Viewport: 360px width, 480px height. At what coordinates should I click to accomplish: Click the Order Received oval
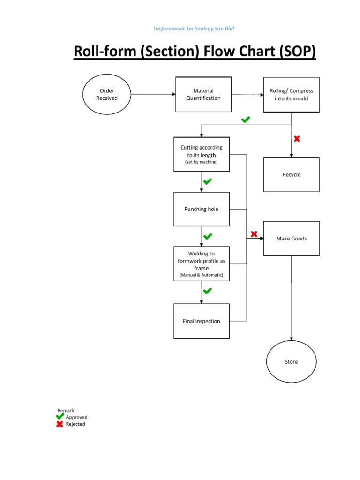pyautogui.click(x=107, y=94)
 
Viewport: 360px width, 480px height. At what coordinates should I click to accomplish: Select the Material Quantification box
pyautogui.click(x=203, y=94)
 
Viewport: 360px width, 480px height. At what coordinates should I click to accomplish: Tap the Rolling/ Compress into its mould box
pyautogui.click(x=291, y=95)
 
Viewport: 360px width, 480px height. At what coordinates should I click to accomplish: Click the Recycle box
pyautogui.click(x=291, y=174)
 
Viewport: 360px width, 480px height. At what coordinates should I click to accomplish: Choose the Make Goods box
pyautogui.click(x=291, y=239)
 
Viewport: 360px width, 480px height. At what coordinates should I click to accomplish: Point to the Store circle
pyautogui.click(x=291, y=362)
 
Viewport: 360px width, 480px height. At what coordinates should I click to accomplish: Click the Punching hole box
pyautogui.click(x=202, y=209)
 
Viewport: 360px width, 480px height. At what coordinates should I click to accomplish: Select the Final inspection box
pyautogui.click(x=202, y=321)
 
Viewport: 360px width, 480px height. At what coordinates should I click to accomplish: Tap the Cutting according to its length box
pyautogui.click(x=202, y=154)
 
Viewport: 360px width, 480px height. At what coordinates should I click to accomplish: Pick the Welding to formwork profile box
pyautogui.click(x=202, y=263)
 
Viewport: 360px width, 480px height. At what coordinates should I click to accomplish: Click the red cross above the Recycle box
pyautogui.click(x=297, y=138)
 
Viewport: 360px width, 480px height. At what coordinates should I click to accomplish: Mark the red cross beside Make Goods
pyautogui.click(x=254, y=234)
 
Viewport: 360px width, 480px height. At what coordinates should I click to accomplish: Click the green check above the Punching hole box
pyautogui.click(x=207, y=181)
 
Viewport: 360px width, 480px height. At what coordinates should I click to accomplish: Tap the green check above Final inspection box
pyautogui.click(x=207, y=291)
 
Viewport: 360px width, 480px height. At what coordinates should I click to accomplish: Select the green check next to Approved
pyautogui.click(x=60, y=416)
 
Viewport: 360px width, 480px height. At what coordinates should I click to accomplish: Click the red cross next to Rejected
pyautogui.click(x=60, y=424)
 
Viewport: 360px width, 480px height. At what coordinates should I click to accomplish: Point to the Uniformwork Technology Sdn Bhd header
pyautogui.click(x=194, y=29)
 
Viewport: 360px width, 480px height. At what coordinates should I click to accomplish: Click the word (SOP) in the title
pyautogui.click(x=297, y=52)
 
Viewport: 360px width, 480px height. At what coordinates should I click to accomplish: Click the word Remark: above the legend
pyautogui.click(x=67, y=410)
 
